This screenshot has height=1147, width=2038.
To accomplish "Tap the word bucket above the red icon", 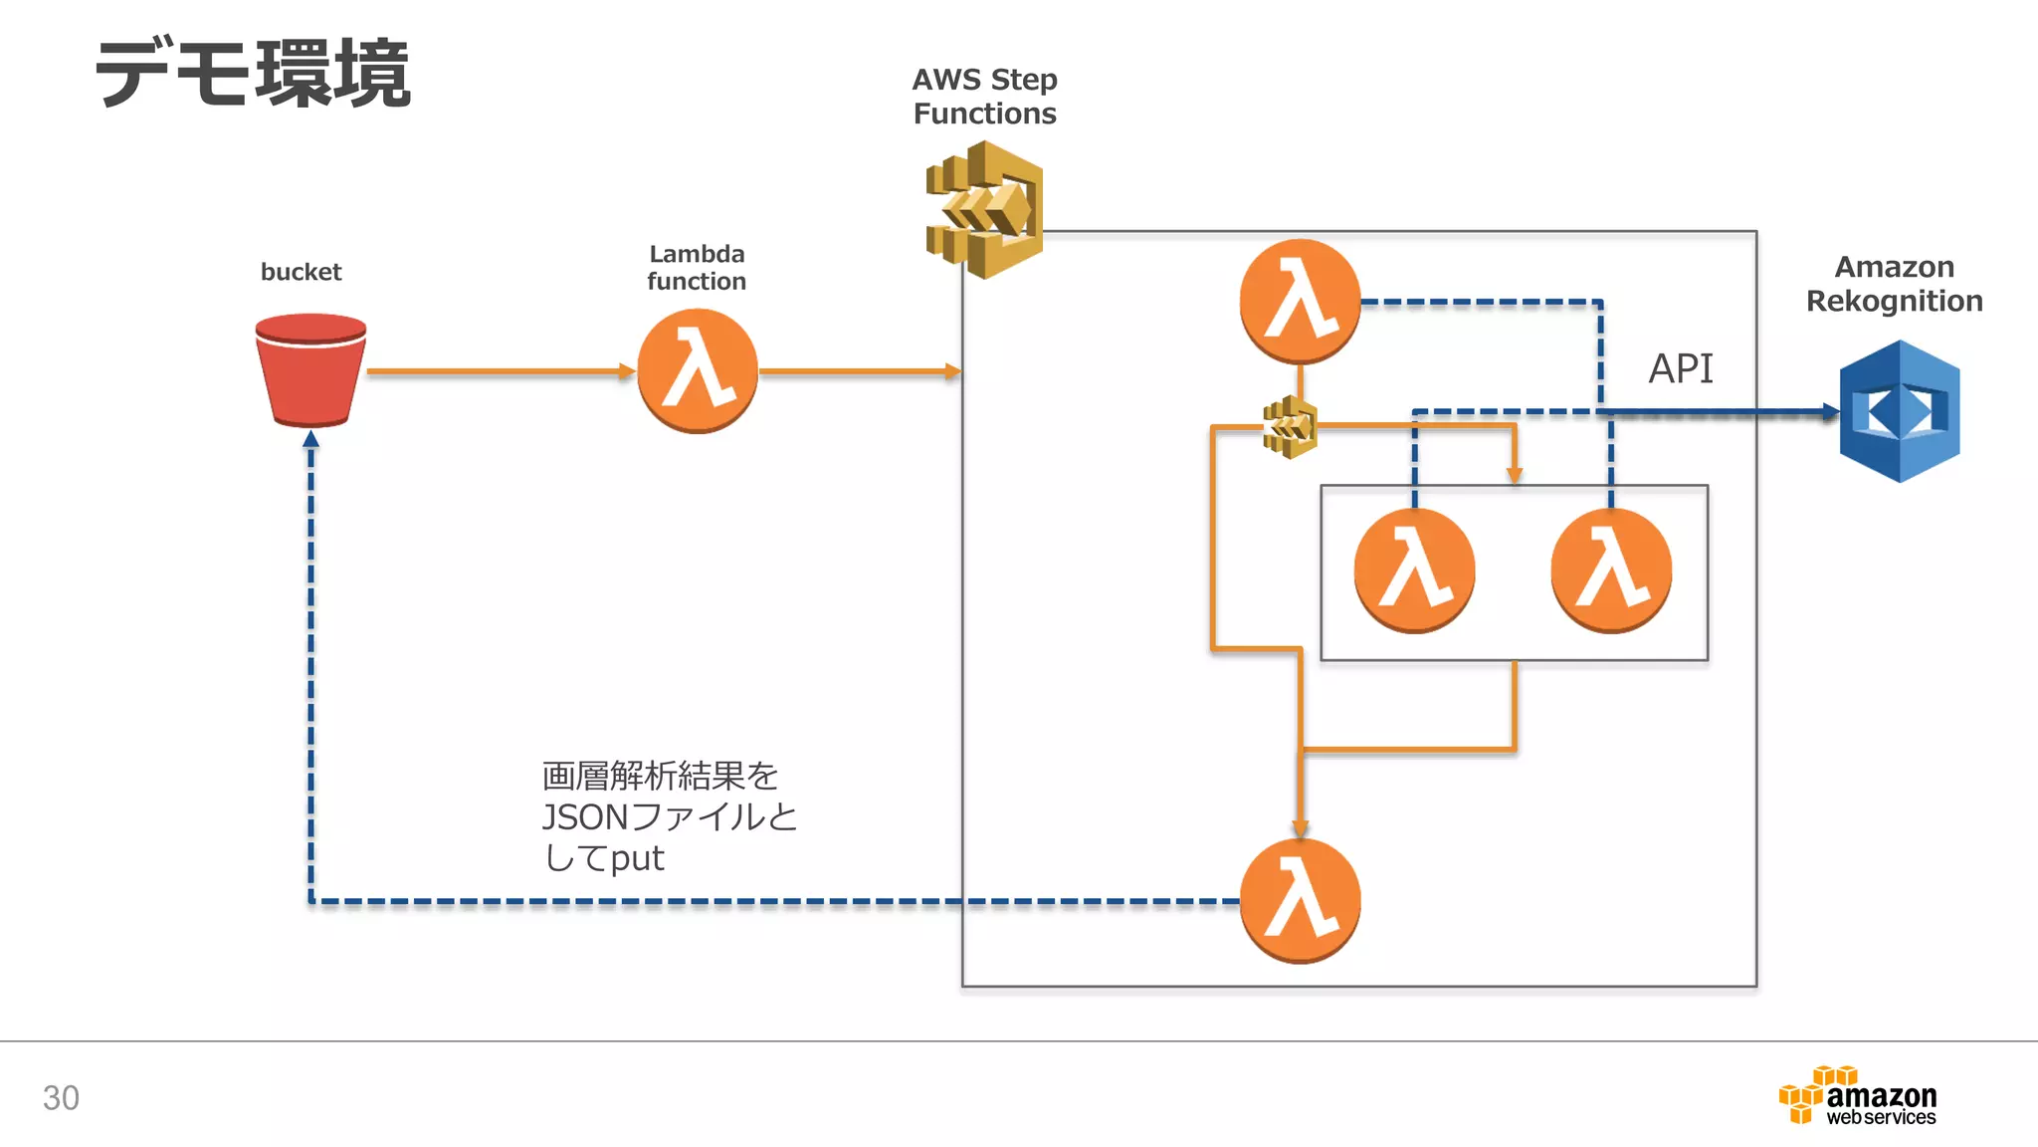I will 301,272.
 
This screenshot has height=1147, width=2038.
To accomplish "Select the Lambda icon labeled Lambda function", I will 697,371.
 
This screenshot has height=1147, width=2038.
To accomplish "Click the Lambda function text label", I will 697,268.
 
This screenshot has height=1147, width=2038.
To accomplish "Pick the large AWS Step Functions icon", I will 985,209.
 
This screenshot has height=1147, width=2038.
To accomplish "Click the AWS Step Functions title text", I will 984,97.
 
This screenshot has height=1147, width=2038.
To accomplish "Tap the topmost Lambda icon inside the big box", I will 1300,301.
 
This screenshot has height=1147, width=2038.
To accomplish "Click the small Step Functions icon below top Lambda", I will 1290,427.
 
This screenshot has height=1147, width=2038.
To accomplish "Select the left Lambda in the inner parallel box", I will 1414,571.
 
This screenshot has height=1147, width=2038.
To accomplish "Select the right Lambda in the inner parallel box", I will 1611,571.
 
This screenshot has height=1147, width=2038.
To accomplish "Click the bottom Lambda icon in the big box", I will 1300,901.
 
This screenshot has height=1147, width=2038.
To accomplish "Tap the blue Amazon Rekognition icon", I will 1899,411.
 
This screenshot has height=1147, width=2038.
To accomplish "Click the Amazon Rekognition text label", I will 1894,284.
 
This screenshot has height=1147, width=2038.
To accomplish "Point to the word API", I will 1681,369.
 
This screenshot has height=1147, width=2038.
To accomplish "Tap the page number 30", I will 61,1097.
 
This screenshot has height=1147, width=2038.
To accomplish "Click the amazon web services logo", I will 1858,1096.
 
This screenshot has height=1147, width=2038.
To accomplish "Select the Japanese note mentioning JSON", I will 669,816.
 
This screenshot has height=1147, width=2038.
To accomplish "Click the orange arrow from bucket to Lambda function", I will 498,371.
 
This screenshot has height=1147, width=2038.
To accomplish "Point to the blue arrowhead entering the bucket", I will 310,439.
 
